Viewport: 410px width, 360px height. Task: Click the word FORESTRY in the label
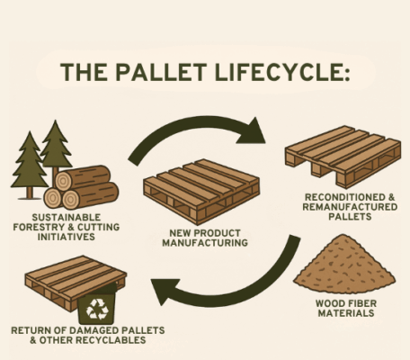52,227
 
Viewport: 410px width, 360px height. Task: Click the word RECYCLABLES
115,342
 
